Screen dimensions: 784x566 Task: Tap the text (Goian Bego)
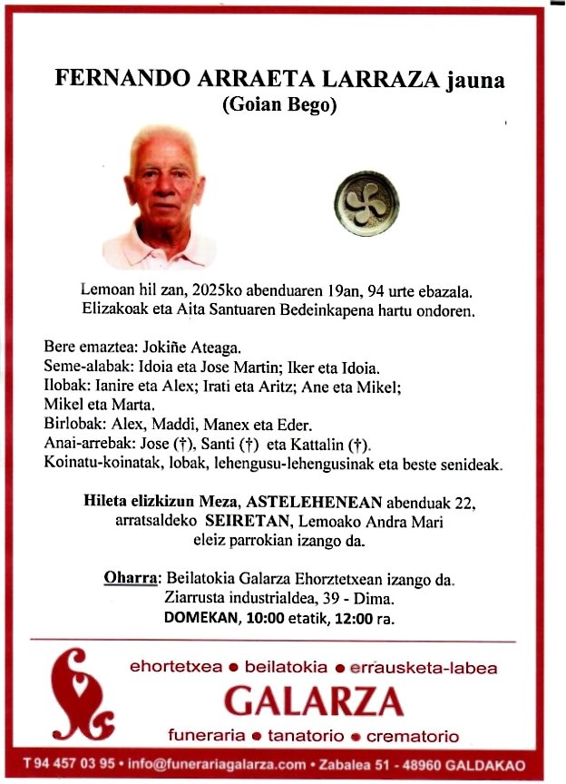point(279,105)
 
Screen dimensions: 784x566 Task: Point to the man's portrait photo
point(161,198)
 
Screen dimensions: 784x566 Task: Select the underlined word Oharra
point(132,579)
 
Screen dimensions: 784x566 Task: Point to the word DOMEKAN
point(195,618)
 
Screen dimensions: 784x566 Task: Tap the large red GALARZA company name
point(313,701)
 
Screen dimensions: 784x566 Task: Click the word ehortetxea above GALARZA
point(175,668)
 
